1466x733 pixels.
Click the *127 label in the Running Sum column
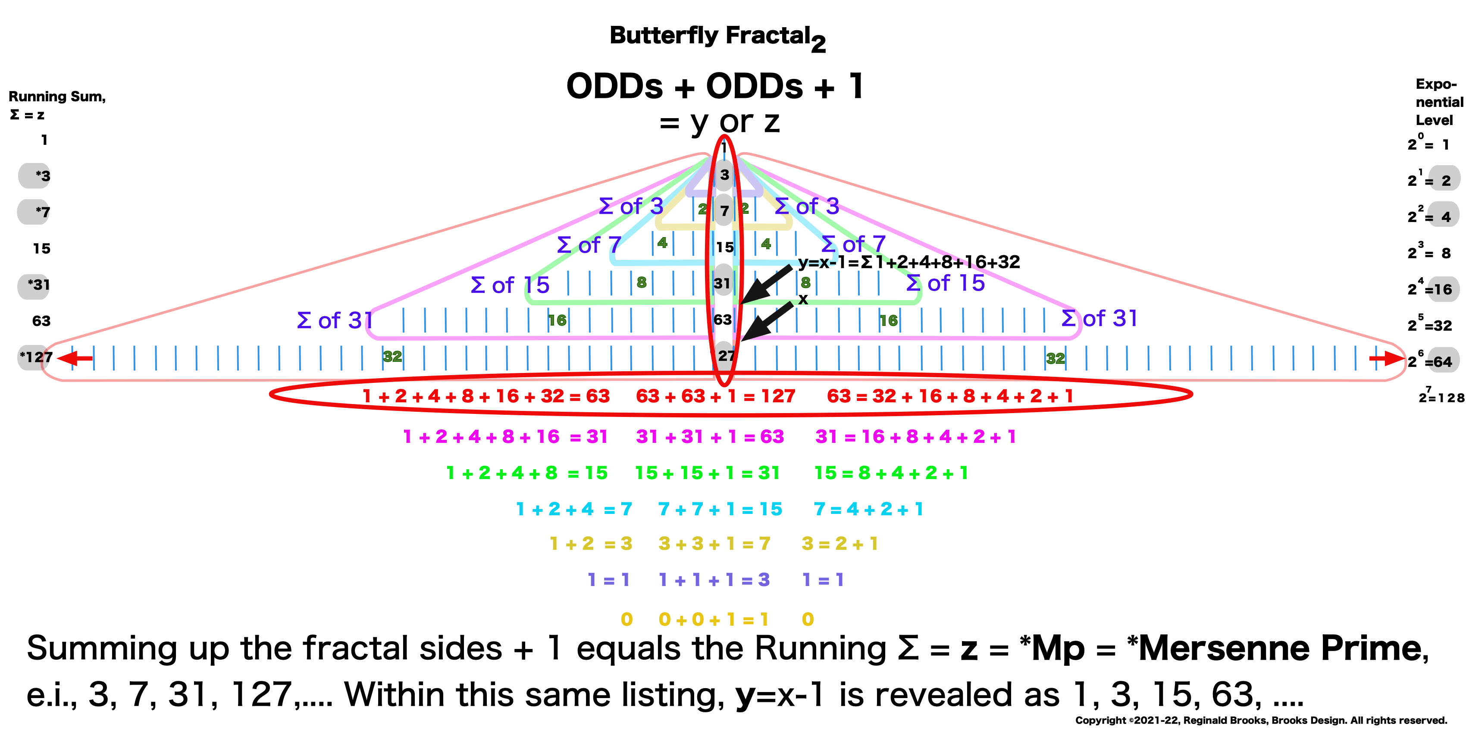coord(36,357)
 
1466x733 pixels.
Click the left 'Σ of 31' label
coord(335,320)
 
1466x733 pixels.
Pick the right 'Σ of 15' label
coord(945,283)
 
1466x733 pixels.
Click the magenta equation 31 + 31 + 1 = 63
coord(710,436)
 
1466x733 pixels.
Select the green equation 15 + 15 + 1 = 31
coord(707,473)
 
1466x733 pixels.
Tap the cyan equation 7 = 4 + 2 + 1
coord(868,509)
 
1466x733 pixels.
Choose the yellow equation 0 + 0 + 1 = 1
coord(713,619)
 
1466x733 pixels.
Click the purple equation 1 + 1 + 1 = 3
coord(714,580)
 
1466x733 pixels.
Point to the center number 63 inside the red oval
coord(722,320)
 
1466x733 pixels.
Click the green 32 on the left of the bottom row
coord(392,357)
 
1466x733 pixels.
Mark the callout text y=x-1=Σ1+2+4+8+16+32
coord(909,262)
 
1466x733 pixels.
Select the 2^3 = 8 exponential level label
coord(1429,252)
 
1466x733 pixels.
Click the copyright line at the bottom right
coord(1261,720)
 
